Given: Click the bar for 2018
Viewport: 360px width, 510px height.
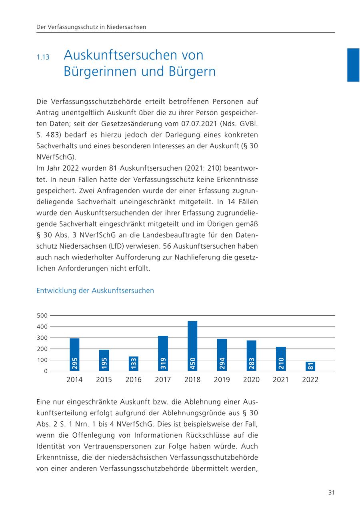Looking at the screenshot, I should click(192, 346).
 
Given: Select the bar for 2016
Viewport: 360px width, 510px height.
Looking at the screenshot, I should click(134, 364).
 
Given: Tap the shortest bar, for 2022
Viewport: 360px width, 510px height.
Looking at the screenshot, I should click(310, 366).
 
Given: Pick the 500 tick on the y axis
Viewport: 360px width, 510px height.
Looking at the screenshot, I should click(42, 316).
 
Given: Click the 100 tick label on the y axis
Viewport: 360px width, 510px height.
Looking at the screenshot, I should click(42, 360).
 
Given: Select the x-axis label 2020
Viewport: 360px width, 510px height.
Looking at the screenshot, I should click(251, 380).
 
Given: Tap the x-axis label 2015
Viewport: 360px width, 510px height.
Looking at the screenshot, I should click(104, 380).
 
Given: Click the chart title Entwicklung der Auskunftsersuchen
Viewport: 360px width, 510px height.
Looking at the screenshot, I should click(95, 291).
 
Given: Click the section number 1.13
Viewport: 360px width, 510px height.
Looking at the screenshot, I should click(43, 57).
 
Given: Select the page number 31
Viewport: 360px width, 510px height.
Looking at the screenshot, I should click(331, 492).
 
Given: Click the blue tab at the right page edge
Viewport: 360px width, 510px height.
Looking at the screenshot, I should click(353, 65).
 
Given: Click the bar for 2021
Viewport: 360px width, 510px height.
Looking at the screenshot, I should click(281, 359).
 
